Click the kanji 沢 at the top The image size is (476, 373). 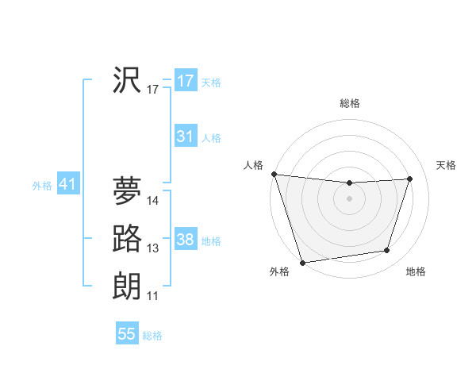pos(127,80)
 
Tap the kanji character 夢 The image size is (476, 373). pos(127,191)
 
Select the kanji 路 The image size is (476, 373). pos(127,239)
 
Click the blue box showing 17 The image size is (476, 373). pos(186,81)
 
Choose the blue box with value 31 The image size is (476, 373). pos(186,137)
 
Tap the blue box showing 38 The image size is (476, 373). pos(186,240)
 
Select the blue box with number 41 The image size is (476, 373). pos(67,185)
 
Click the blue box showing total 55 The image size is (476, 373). pos(127,334)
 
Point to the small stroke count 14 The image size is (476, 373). pos(153,202)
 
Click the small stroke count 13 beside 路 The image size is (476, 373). pos(153,249)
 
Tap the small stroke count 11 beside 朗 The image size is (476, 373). pos(153,297)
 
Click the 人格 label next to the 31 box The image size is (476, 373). pos(211,138)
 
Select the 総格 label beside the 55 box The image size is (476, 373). pos(152,336)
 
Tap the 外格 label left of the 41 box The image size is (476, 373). pos(42,186)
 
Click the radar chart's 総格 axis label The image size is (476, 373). pos(349,103)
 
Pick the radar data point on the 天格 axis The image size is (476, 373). pos(410,179)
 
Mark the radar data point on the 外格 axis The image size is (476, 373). pos(302,262)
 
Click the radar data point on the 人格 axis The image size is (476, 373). pos(274,174)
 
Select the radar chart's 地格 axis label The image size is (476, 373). pos(416,272)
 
